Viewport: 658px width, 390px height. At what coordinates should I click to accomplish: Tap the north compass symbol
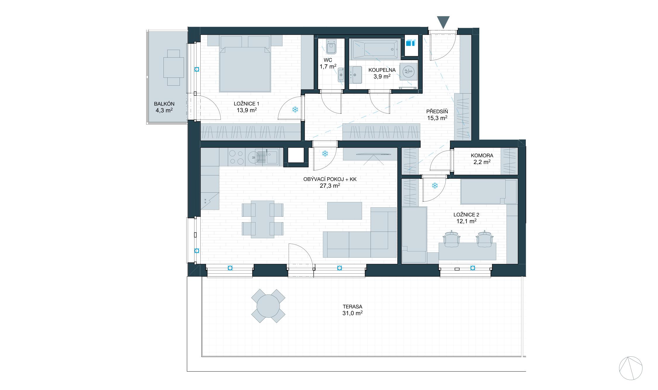631,368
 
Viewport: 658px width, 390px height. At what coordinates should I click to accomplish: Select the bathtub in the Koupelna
376,49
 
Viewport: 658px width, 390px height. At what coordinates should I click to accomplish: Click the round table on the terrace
268,306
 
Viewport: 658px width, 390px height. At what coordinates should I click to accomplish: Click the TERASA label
353,307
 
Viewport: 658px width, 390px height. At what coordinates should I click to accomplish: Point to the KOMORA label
482,156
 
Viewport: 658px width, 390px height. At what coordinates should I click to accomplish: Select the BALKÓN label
164,104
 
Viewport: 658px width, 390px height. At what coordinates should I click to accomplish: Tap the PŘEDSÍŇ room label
437,111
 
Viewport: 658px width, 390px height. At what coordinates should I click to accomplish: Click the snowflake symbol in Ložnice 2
435,185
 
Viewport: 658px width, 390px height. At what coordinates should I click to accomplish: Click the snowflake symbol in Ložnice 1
295,110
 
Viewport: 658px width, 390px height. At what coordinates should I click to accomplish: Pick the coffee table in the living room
344,210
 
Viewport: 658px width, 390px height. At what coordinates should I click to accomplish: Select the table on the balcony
173,67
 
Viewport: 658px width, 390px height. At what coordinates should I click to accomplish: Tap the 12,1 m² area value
466,221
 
